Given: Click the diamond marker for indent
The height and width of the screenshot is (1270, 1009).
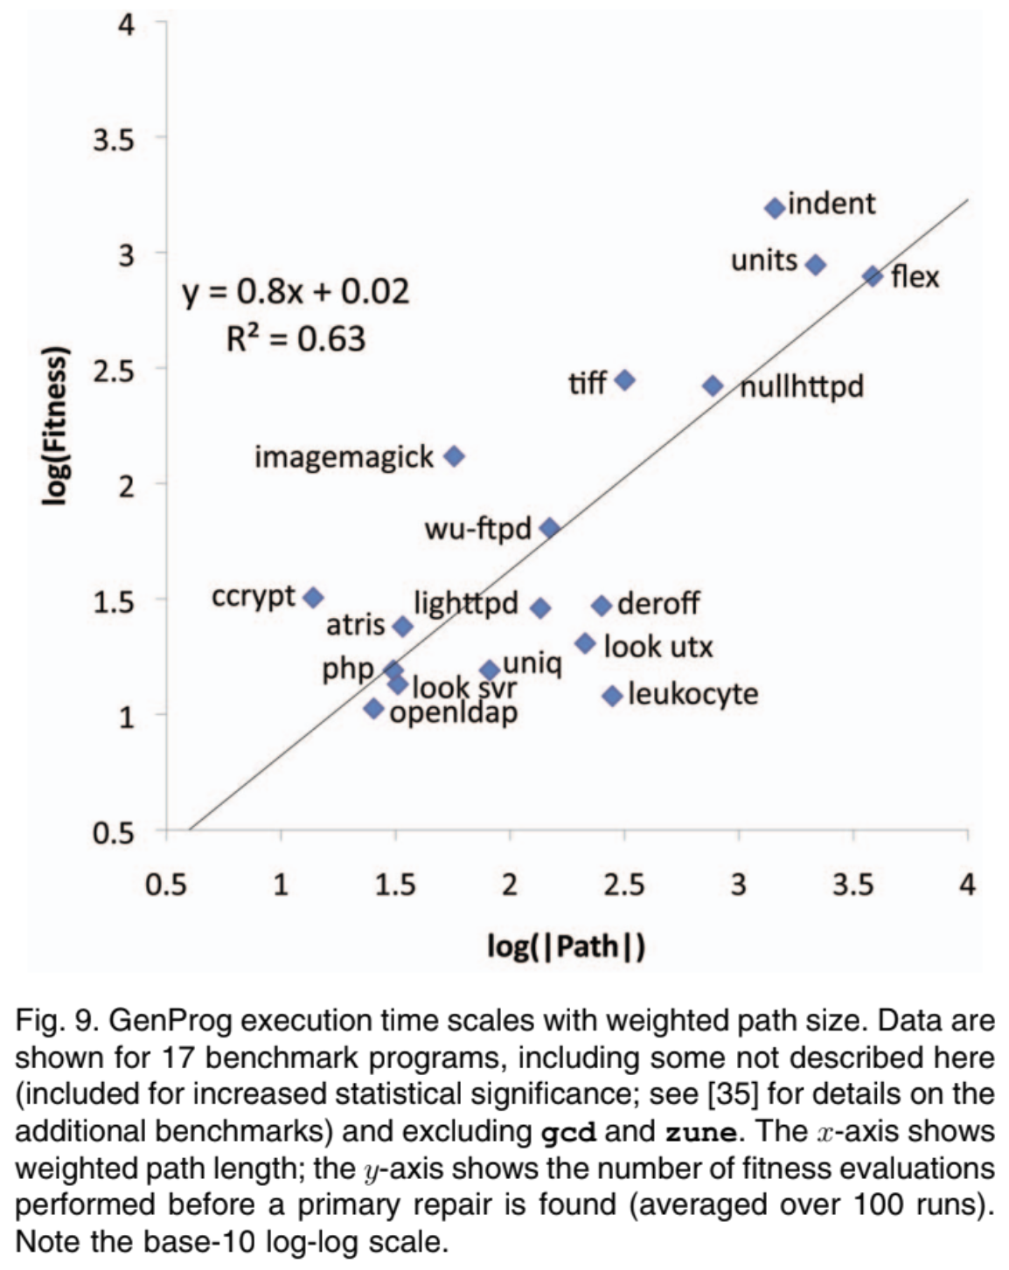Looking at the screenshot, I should pos(774,208).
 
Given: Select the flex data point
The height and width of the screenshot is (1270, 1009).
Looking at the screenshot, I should pos(873,276).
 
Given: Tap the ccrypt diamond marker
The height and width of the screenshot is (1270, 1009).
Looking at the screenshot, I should pos(313,598).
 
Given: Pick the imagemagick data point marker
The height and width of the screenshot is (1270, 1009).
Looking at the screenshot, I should pos(454,456).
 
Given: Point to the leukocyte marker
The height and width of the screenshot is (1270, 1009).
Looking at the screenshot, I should pos(612,696).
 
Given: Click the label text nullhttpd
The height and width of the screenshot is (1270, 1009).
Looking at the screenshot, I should pos(803,386).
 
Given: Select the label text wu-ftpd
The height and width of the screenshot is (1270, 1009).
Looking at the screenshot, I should pos(477,529).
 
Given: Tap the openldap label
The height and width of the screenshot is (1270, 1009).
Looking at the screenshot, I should pos(454,713).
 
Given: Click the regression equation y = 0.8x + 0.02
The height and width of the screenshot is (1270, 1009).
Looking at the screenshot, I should pos(296,292).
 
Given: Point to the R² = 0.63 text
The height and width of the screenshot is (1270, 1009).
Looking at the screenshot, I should pos(296,338).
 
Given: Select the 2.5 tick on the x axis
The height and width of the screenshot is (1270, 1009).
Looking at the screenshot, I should pos(624,885).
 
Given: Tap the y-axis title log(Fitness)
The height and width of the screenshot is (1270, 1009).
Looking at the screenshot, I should pos(54,427).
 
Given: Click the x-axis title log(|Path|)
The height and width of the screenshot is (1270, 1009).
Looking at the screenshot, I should pos(566,946).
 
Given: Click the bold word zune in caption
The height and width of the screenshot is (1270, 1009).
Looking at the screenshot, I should pos(701,1131).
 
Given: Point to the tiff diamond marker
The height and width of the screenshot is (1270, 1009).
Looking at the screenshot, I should pos(624,380).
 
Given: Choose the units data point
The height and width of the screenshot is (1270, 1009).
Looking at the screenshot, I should pos(815,265).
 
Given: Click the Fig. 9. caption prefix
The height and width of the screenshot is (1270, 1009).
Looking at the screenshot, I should pos(47,1020).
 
